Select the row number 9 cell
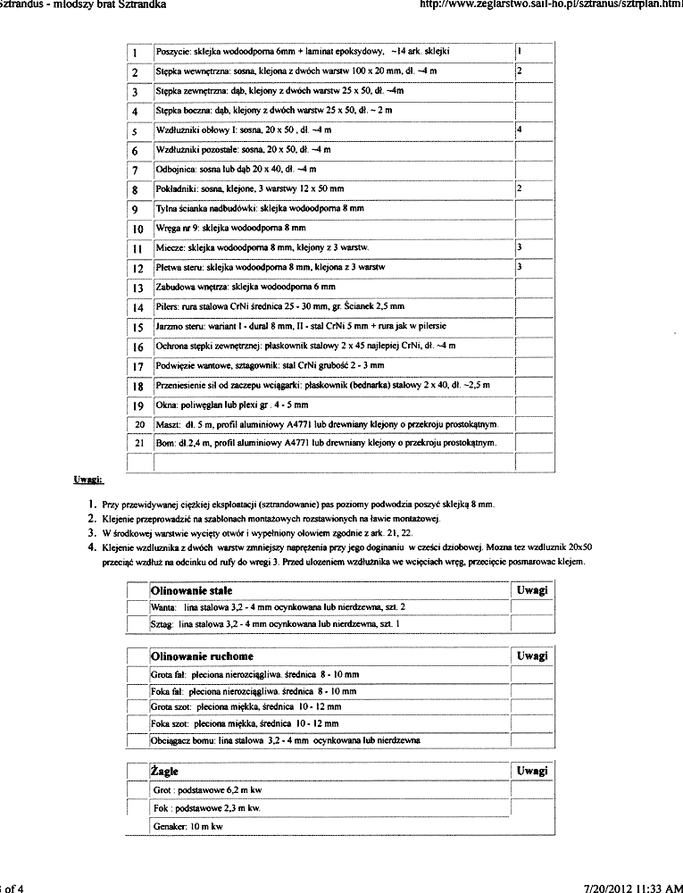137,210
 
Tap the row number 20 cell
137,423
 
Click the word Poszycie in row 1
171,52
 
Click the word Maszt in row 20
168,423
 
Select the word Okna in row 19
167,405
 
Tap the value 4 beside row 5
520,130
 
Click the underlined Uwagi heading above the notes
88,480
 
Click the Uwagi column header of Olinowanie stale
531,591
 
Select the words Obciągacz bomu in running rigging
183,740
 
